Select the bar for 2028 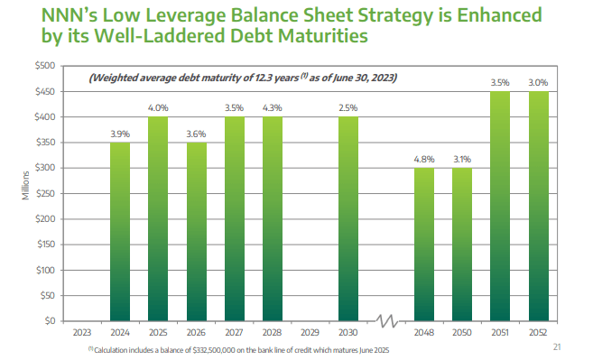pyautogui.click(x=272, y=218)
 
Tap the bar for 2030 pyautogui.click(x=348, y=218)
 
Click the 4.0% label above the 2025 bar pyautogui.click(x=157, y=108)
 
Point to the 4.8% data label pyautogui.click(x=424, y=159)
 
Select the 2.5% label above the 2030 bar pyautogui.click(x=348, y=108)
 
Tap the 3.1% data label pyautogui.click(x=463, y=159)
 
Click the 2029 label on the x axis pyautogui.click(x=310, y=332)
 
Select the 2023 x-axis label pyautogui.click(x=81, y=332)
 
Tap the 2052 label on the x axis pyautogui.click(x=539, y=332)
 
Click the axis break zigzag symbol pyautogui.click(x=386, y=321)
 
